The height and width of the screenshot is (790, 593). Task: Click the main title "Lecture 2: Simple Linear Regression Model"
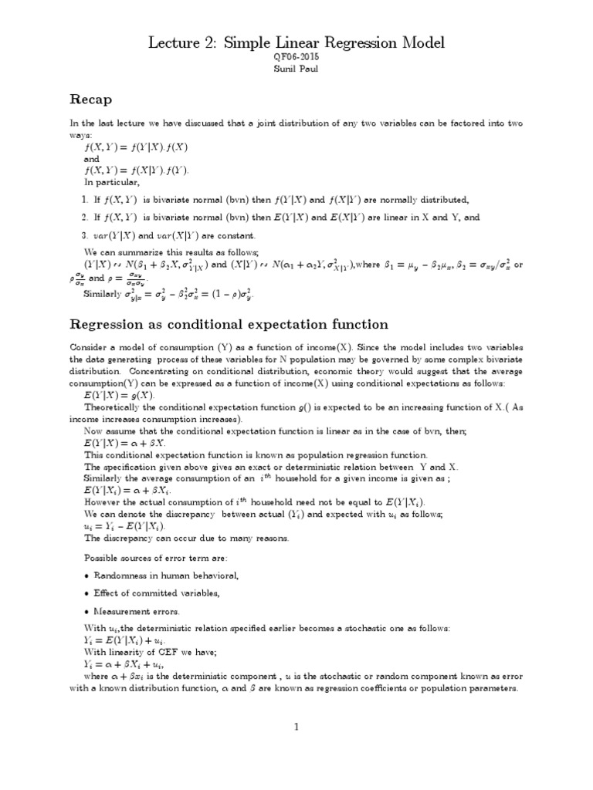[x=296, y=45]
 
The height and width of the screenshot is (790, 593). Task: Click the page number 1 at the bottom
[x=296, y=727]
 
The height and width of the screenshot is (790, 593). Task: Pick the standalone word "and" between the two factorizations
[x=93, y=157]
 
